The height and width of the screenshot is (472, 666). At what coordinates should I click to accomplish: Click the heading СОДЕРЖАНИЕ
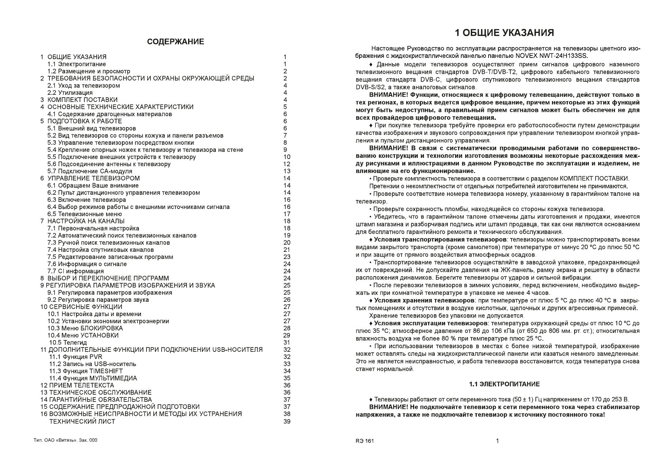tap(175, 42)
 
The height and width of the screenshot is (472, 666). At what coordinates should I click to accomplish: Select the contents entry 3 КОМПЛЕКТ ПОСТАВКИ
tap(79, 100)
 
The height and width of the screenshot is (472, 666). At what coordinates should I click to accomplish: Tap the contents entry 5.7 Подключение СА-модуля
tap(90, 171)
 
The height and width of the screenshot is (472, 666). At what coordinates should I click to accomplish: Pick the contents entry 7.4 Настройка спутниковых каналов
tap(101, 250)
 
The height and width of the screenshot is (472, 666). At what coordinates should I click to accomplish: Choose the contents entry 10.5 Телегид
tap(68, 343)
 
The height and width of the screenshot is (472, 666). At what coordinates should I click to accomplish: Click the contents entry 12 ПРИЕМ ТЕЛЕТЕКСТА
tap(77, 386)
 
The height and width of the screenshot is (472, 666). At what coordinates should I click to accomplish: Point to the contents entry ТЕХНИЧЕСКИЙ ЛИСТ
tap(82, 421)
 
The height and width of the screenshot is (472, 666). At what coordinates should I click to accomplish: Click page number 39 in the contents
tap(287, 421)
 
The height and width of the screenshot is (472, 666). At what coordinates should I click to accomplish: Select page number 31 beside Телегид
tap(287, 343)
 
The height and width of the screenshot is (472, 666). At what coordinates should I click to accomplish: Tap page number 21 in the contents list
tap(287, 250)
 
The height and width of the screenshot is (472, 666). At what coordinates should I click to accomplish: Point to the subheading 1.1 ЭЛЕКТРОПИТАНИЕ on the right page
tap(504, 384)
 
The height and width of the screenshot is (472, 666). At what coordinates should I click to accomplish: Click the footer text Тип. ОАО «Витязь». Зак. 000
tap(65, 441)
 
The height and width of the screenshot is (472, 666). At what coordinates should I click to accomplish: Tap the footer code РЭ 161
tap(364, 441)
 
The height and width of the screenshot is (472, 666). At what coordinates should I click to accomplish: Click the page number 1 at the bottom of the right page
tap(498, 441)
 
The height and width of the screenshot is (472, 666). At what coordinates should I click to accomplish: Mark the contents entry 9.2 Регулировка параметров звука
tap(98, 300)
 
